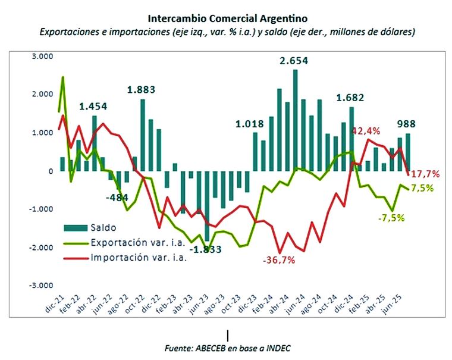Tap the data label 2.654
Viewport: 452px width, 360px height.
[295, 61]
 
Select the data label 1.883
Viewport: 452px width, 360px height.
[142, 90]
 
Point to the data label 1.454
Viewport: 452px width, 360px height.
[94, 107]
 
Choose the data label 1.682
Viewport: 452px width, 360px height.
[351, 98]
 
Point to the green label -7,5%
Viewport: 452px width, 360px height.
[391, 218]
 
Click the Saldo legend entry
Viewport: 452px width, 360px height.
[103, 227]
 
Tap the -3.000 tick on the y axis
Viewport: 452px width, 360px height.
[39, 286]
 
